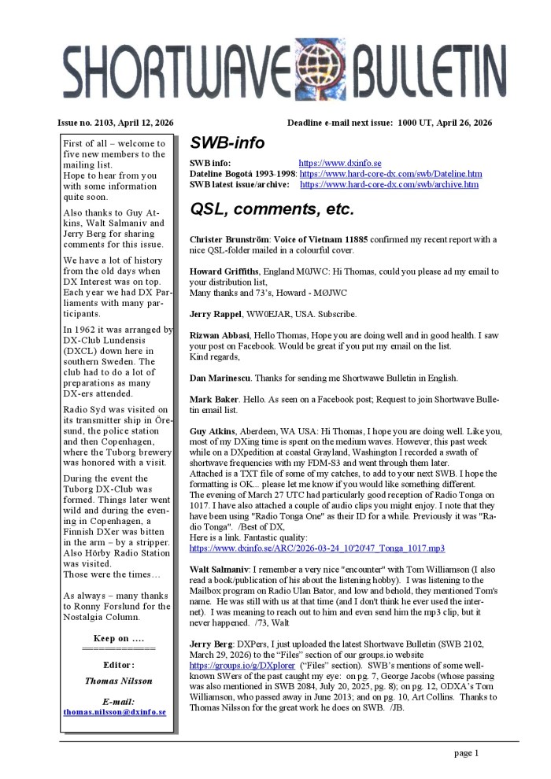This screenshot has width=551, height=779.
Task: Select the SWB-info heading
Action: (227, 143)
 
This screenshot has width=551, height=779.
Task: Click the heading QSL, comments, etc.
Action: (272, 210)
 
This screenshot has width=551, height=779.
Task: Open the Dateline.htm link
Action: (391, 174)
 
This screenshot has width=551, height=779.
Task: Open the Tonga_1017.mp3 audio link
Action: (317, 547)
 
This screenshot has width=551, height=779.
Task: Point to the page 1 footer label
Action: (466, 753)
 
